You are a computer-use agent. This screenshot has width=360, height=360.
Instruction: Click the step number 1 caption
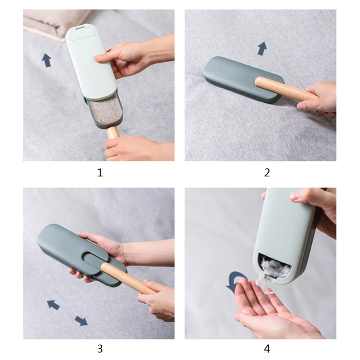(100, 172)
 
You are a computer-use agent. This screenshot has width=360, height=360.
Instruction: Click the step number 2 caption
(267, 172)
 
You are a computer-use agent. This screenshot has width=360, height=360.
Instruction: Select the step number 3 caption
(100, 348)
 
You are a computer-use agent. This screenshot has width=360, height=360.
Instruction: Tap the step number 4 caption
(267, 348)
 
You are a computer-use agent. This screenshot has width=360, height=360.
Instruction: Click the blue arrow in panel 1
(46, 60)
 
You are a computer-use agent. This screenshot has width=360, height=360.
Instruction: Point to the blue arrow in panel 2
(262, 49)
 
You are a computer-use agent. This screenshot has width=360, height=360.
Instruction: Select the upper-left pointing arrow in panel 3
(53, 305)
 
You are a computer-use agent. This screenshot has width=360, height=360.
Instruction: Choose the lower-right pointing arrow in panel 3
(81, 320)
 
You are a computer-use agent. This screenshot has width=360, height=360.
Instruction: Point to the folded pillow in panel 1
(54, 22)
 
